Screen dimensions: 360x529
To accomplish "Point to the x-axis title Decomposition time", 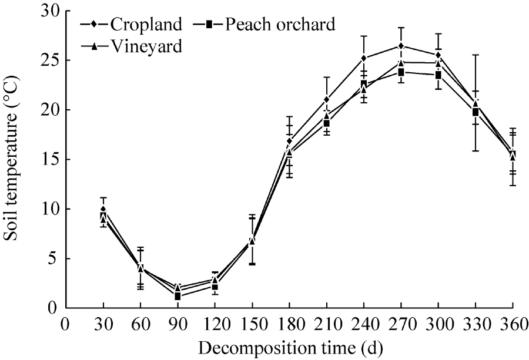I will (290, 348).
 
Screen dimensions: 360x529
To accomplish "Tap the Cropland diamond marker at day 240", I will (364, 58).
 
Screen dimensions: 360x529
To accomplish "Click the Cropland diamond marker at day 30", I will (103, 209).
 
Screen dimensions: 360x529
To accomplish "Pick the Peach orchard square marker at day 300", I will (438, 75).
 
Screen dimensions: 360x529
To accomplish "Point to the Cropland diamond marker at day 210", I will (327, 99).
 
